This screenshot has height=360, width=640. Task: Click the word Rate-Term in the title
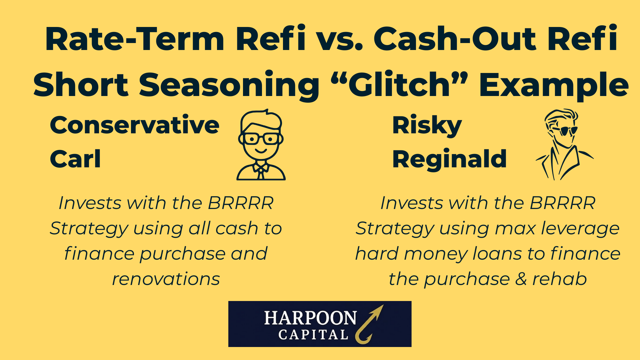[135, 39]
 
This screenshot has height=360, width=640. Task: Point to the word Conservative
[135, 125]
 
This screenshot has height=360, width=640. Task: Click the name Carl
[75, 159]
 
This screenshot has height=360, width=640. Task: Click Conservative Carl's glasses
[261, 138]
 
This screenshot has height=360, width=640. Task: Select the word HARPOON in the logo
[310, 318]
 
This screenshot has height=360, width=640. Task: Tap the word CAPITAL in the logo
[313, 335]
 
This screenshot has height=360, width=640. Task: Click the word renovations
[166, 279]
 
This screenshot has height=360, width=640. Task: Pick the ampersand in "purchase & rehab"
[521, 279]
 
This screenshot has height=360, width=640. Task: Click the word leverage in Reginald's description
[580, 229]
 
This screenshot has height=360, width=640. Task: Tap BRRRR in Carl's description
[241, 203]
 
